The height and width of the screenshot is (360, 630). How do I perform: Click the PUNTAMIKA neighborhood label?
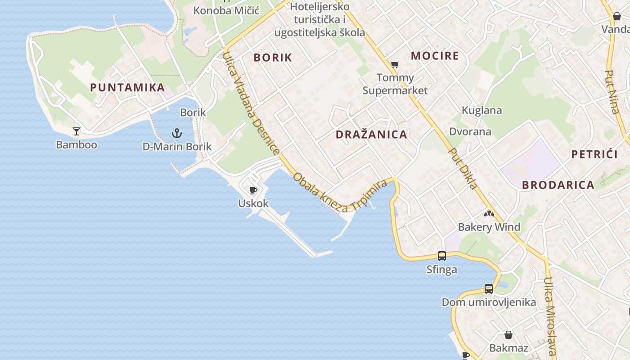[x=127, y=87]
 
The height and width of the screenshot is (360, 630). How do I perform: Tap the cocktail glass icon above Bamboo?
[x=76, y=131]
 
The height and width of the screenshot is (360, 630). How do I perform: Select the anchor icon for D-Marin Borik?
[x=177, y=133]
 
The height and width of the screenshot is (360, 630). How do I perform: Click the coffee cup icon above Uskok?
[x=253, y=190]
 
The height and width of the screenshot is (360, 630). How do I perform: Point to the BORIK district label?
[x=273, y=58]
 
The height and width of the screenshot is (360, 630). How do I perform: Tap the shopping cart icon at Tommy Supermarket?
[x=395, y=65]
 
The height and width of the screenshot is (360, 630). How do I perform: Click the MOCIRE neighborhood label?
[x=435, y=56]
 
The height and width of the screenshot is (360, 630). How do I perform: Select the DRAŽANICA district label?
[x=371, y=135]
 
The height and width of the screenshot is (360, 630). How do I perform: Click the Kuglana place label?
[x=481, y=110]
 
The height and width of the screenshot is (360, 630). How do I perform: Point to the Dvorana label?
[x=470, y=132]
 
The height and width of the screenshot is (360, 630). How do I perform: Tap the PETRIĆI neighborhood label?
[x=594, y=154]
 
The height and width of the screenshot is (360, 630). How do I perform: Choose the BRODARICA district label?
[x=558, y=185]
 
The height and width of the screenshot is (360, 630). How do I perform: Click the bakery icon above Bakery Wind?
[x=489, y=213]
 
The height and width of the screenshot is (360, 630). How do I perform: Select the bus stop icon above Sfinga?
[x=442, y=256]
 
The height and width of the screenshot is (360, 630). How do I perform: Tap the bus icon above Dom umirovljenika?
[x=489, y=289]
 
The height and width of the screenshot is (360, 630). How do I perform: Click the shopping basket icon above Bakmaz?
[x=508, y=335]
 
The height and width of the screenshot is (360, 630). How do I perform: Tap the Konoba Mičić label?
[x=227, y=10]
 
